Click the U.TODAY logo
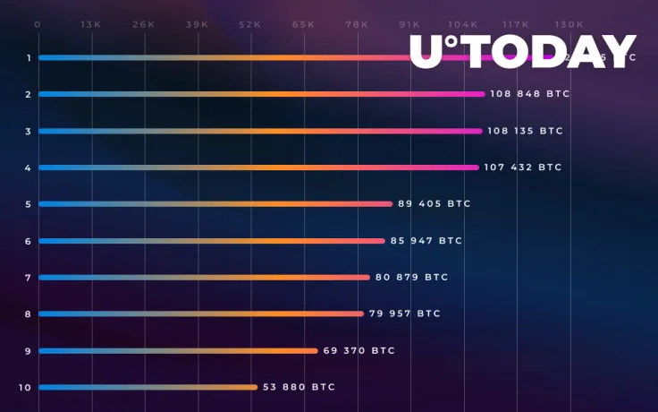pyautogui.click(x=523, y=52)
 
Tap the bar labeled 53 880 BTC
pyautogui.click(x=148, y=387)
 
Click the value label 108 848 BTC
pyautogui.click(x=529, y=94)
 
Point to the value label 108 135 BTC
pyautogui.click(x=525, y=131)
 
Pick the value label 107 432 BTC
pyautogui.click(x=523, y=167)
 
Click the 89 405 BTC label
pyautogui.click(x=434, y=204)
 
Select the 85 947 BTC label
pyautogui.click(x=426, y=241)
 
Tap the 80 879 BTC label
pyautogui.click(x=411, y=278)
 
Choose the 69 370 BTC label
pyautogui.click(x=359, y=350)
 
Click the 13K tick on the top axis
pyautogui.click(x=90, y=24)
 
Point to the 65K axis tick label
pyautogui.click(x=303, y=24)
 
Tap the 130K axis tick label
pyautogui.click(x=569, y=24)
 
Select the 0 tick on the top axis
pyautogui.click(x=38, y=24)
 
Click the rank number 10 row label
pyautogui.click(x=24, y=388)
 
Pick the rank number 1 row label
pyautogui.click(x=29, y=58)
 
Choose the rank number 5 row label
pyautogui.click(x=29, y=204)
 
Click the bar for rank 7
pyautogui.click(x=204, y=278)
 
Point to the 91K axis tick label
pyautogui.click(x=409, y=24)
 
